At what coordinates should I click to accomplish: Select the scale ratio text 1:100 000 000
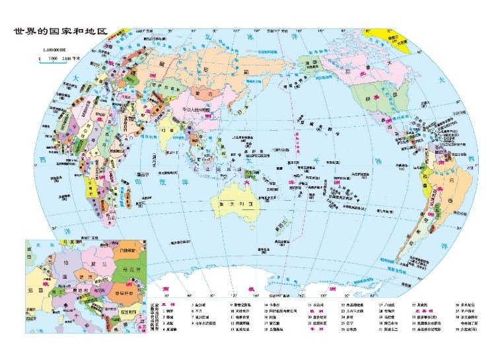[57, 50]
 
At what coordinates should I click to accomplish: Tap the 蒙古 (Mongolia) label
[200, 94]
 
